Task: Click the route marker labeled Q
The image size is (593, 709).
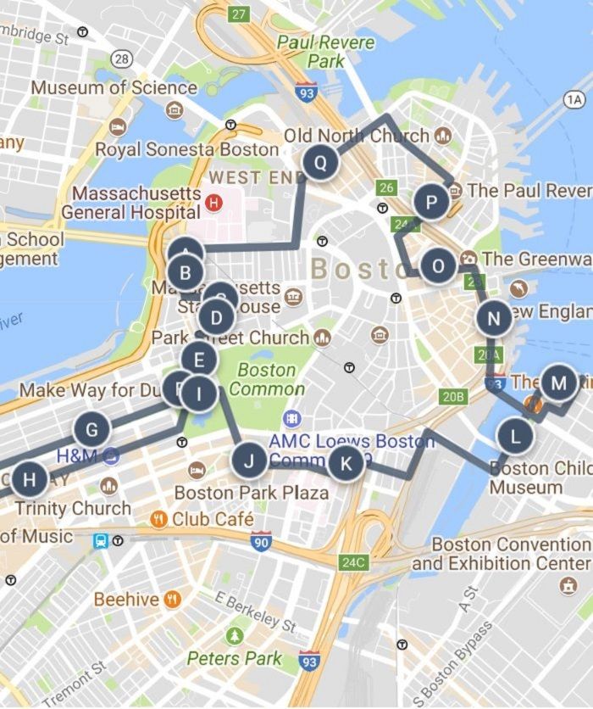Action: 320,162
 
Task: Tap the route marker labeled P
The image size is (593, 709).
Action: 432,203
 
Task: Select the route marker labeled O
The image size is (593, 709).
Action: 438,266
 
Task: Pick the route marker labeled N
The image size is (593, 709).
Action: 493,319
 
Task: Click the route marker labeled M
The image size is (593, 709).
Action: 558,382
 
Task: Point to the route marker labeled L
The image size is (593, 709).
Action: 515,437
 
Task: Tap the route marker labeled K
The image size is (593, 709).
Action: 346,464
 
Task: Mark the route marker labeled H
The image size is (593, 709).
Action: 30,479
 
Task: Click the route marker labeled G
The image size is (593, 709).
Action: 91,430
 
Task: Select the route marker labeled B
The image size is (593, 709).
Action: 185,274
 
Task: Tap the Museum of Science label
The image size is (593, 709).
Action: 114,87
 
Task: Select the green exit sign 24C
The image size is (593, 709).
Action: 351,561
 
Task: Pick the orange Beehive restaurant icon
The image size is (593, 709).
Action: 173,600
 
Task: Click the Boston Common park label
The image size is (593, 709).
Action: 267,380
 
